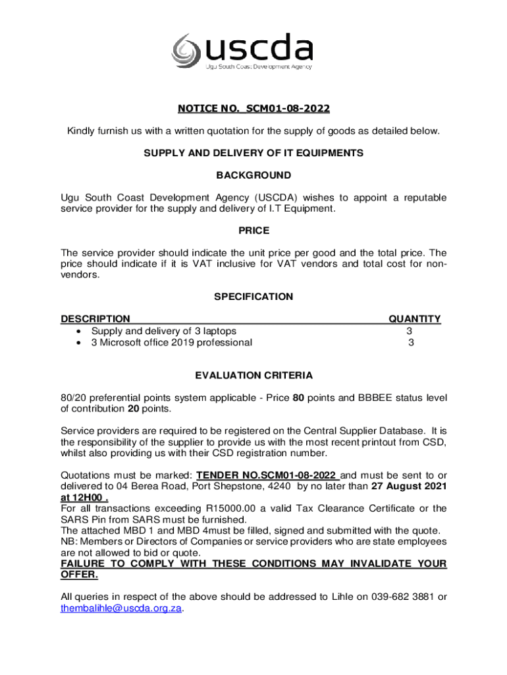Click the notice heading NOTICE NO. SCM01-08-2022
254,108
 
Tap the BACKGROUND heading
254,175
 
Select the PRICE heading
254,231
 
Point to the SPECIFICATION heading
254,297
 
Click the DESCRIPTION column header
95,319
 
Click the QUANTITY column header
414,319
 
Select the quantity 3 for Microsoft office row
411,343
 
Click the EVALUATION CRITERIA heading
254,376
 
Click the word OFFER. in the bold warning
79,575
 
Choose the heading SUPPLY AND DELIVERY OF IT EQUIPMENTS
254,153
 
